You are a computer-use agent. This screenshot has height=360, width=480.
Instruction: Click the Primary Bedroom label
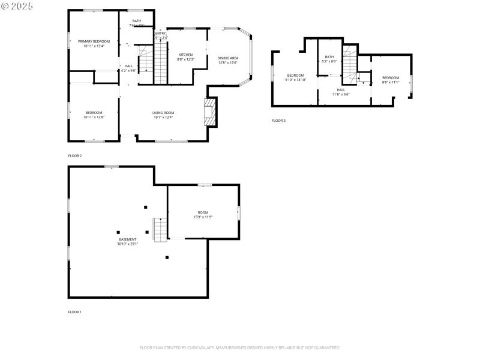point(94,43)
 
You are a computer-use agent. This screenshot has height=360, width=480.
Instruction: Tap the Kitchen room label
point(185,56)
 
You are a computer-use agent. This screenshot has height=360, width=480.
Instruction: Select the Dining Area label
point(228,60)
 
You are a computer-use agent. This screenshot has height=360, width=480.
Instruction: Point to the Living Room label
point(163,115)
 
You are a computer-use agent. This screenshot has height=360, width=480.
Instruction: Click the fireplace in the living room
point(209,112)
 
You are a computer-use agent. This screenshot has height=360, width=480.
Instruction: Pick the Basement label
point(127,241)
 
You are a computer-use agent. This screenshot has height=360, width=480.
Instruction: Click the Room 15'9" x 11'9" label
point(203,215)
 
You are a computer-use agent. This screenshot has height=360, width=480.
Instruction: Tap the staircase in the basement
point(160,230)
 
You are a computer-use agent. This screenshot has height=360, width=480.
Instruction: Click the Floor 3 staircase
point(350,62)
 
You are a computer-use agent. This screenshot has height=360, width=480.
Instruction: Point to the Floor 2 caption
point(75,156)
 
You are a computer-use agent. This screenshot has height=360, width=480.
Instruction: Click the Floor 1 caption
point(75,312)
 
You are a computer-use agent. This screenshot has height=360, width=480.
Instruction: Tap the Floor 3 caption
point(278,121)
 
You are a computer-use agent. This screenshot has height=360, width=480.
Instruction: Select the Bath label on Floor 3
point(329,59)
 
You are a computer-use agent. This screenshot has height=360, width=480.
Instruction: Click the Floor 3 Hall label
point(340,92)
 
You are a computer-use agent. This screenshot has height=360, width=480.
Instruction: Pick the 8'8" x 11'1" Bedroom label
point(391,80)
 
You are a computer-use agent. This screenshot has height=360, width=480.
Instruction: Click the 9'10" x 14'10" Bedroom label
point(295,77)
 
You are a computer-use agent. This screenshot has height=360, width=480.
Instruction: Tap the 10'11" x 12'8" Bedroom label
point(94,115)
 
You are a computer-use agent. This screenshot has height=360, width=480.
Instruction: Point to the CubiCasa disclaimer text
point(240,347)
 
